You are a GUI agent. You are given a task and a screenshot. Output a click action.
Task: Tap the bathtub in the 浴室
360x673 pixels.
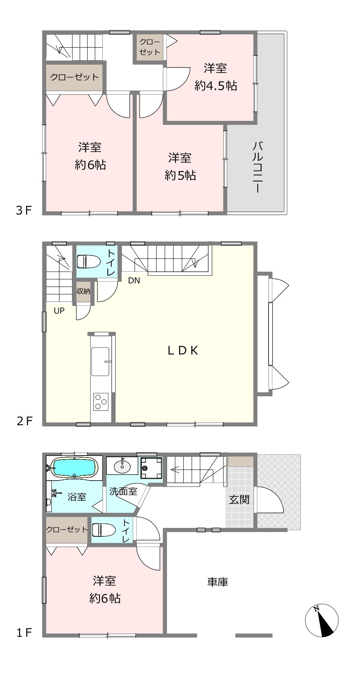click(x=74, y=467)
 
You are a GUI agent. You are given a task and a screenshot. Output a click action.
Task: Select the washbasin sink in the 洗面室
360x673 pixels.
click(x=122, y=466)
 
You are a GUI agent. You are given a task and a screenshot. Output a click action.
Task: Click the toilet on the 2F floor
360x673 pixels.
click(x=89, y=261)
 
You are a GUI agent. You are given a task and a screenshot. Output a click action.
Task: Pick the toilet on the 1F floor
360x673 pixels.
click(x=104, y=530)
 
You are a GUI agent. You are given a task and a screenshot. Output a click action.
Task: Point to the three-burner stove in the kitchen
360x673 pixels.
click(x=101, y=401)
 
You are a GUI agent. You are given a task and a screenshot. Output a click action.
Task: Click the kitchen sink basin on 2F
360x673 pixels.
click(x=100, y=361)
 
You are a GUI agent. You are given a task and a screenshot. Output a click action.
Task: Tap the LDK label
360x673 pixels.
click(x=182, y=350)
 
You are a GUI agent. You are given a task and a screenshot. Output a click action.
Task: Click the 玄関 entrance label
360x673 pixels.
click(x=239, y=500)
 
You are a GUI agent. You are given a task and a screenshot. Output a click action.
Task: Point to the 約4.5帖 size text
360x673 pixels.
click(x=216, y=86)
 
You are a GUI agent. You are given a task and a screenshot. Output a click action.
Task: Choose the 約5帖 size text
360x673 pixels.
click(x=180, y=175)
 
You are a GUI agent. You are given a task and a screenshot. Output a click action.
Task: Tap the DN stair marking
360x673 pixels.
click(x=134, y=281)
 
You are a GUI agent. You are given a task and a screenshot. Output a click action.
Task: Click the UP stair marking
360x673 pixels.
click(x=59, y=311)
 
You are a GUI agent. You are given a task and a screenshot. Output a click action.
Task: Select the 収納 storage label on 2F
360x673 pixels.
click(x=83, y=291)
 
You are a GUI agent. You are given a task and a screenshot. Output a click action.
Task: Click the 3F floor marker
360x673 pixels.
click(x=24, y=210)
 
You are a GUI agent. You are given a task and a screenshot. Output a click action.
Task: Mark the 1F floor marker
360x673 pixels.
click(x=24, y=633)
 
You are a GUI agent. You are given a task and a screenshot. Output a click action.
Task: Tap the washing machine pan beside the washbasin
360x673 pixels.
click(x=151, y=468)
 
